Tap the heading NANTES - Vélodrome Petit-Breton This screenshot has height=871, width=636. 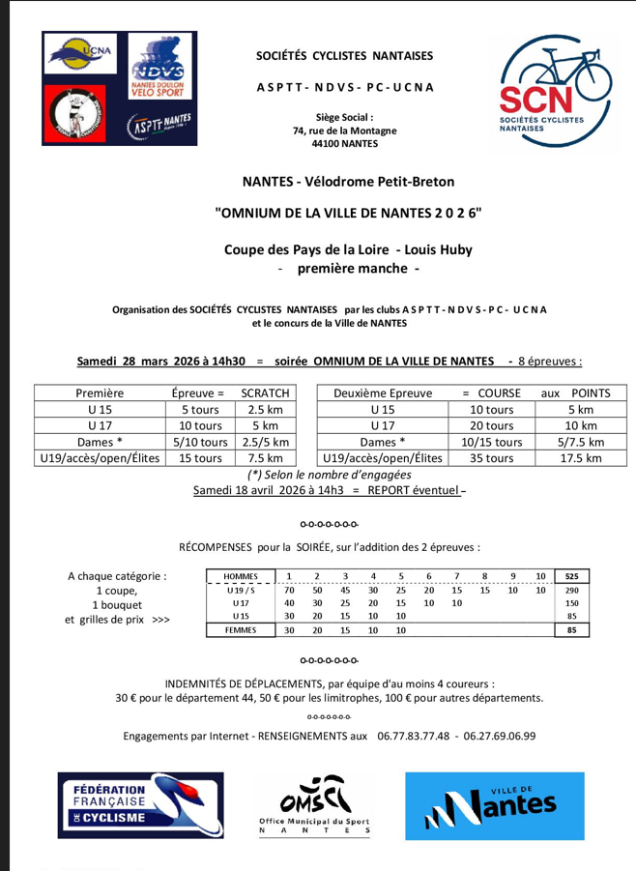[347, 181]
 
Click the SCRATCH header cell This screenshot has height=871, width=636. [265, 393]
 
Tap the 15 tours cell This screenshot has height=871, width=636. [200, 458]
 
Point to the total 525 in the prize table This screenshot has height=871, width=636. [571, 577]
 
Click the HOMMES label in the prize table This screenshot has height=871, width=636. [240, 577]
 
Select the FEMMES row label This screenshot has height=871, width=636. [240, 630]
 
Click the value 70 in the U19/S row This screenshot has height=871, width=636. [289, 591]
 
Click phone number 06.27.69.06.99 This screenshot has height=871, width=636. [499, 737]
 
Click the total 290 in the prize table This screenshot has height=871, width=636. [571, 591]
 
